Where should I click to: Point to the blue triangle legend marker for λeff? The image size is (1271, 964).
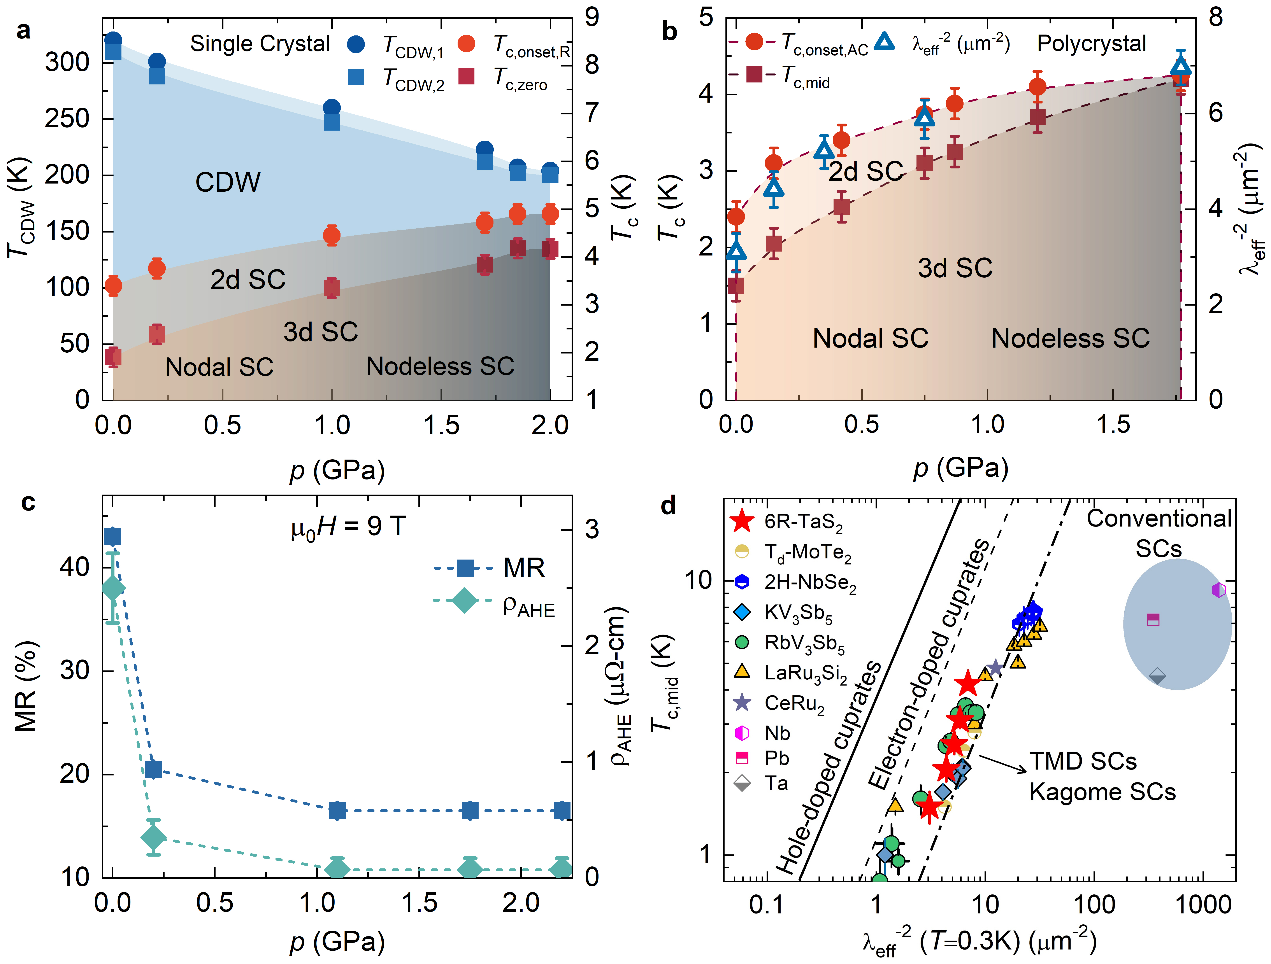(x=885, y=42)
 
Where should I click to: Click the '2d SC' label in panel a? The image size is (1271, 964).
(x=248, y=280)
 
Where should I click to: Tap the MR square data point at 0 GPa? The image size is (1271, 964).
(x=113, y=537)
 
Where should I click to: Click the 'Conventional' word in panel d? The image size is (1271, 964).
(x=1159, y=519)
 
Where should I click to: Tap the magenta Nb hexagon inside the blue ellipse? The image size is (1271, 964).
(x=1219, y=590)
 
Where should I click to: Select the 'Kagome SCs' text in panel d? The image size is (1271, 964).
(x=1102, y=792)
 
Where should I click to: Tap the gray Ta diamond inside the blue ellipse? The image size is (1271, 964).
(x=1157, y=676)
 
